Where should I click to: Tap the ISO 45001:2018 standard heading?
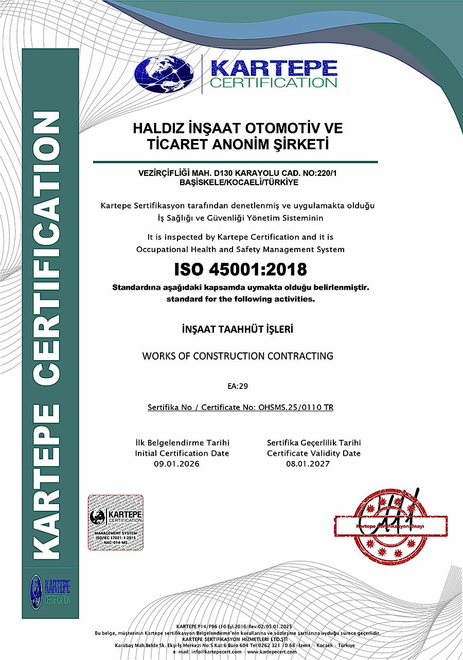[240, 269]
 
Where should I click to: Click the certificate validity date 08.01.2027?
[308, 464]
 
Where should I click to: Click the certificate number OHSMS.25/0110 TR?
[304, 407]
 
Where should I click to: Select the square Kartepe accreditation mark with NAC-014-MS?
[115, 522]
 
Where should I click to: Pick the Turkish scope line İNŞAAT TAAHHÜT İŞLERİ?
[237, 329]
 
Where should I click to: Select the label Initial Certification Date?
[182, 453]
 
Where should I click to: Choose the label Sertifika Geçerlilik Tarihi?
[314, 442]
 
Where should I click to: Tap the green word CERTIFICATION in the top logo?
[273, 82]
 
